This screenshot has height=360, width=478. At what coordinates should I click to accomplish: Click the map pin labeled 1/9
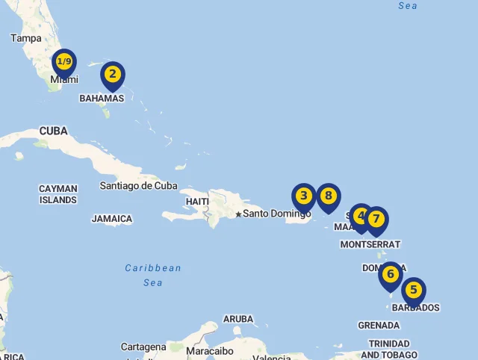pos(64,62)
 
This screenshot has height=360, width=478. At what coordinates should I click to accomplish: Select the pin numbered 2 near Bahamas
pos(112,74)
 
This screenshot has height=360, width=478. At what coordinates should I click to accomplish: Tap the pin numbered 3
pos(303,196)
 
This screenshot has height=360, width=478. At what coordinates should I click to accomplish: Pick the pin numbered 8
pos(328,196)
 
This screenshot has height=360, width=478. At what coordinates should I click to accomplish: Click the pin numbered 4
pos(361,216)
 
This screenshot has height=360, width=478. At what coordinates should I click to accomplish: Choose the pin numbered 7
pos(376,220)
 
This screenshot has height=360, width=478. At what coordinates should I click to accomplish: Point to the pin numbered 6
pos(390,274)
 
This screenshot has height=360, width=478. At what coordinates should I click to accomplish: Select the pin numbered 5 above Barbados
pos(414,290)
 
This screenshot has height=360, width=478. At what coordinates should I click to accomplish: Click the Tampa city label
pos(26,38)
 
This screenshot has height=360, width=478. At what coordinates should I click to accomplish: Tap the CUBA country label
pos(53,131)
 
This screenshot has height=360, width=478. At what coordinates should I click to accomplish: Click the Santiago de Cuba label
pos(139,186)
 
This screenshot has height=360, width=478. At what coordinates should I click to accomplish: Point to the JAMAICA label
pos(112,219)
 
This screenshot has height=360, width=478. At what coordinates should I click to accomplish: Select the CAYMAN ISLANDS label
pos(58,194)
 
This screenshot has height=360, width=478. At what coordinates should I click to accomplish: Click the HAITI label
pos(197,202)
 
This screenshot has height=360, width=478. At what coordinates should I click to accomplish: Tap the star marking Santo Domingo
pos(238,214)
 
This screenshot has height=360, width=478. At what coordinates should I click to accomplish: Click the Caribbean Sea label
pos(153,275)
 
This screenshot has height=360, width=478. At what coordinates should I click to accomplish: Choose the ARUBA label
pos(238,319)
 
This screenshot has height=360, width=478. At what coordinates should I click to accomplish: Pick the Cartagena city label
pos(143,347)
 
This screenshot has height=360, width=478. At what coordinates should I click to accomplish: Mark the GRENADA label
pos(379,326)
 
